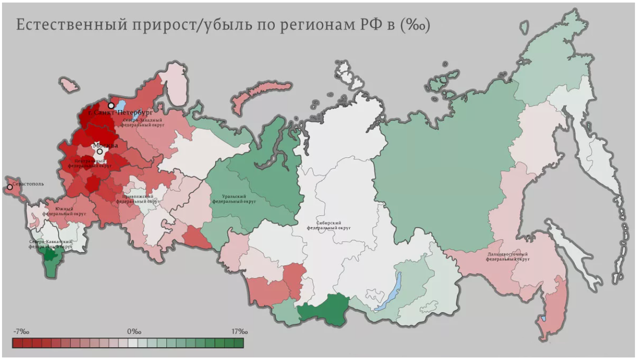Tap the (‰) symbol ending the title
(x=414, y=25)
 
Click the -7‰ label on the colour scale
(x=21, y=331)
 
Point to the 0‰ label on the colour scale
(x=134, y=331)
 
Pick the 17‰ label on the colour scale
(x=239, y=331)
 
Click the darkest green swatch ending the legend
(x=239, y=344)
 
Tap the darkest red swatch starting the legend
(x=18, y=344)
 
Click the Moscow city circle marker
(x=99, y=151)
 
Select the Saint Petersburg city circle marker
(x=111, y=106)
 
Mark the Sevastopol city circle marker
(x=10, y=187)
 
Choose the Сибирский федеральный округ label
(x=329, y=225)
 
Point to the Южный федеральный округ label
(x=64, y=211)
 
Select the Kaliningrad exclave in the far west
(x=68, y=84)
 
